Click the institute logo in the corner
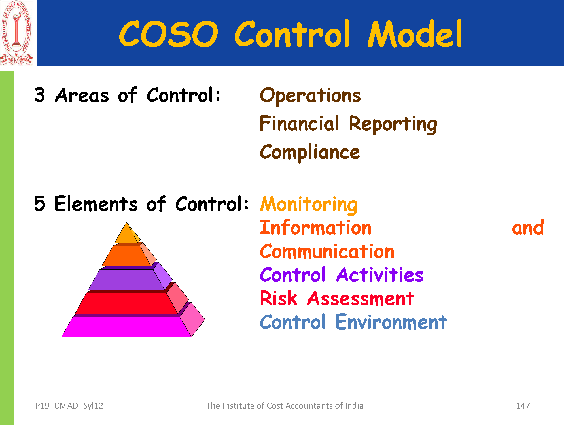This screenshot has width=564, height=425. [16, 33]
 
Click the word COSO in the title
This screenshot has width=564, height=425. [169, 34]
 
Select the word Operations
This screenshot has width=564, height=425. [310, 96]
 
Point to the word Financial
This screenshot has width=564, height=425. [299, 124]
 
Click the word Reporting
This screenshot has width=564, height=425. [393, 125]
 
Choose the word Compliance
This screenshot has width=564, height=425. [310, 152]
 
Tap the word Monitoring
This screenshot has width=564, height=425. [309, 205]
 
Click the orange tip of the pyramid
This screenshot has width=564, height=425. [127, 233]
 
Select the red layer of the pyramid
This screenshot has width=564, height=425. [126, 303]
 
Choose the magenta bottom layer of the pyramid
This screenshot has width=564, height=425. [126, 327]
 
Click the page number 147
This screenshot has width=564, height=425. [523, 406]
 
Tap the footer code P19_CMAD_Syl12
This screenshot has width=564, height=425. [69, 406]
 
